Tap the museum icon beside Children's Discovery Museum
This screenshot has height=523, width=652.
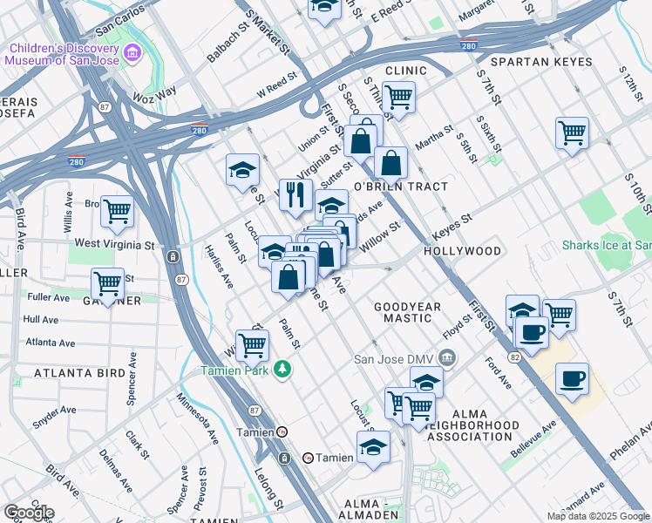[132, 54]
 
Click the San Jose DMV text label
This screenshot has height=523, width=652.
[394, 358]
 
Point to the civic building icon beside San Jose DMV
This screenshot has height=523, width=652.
[447, 357]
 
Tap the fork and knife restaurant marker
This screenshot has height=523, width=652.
[296, 195]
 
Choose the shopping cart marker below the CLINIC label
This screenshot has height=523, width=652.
[398, 98]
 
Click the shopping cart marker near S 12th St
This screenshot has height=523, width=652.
[572, 133]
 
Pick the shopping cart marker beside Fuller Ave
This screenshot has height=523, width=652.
[107, 284]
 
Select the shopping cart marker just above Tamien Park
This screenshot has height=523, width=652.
[252, 344]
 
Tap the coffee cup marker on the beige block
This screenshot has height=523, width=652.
[572, 379]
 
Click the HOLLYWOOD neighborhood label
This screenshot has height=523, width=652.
[462, 251]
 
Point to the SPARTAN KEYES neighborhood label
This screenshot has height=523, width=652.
[540, 63]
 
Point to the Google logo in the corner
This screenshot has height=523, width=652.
[28, 512]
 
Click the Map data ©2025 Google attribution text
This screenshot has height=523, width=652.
[598, 516]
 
